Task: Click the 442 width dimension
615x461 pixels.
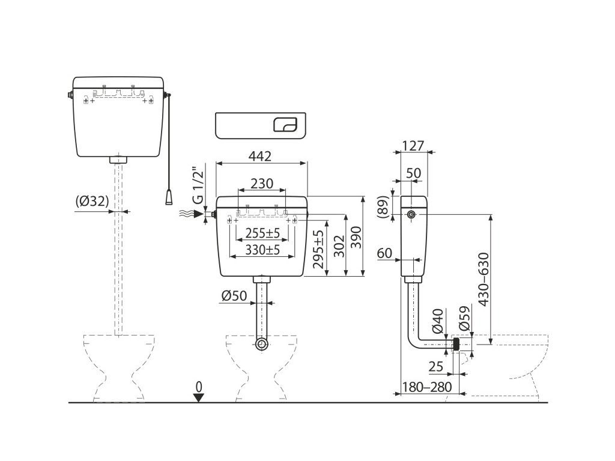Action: (259, 156)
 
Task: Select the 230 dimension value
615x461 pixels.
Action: (262, 184)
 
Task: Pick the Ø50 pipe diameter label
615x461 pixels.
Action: (234, 296)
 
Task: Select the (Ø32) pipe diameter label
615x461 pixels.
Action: (92, 203)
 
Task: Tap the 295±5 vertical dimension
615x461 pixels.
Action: (319, 250)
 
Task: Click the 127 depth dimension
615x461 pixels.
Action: (413, 146)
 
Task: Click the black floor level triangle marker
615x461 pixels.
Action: (199, 397)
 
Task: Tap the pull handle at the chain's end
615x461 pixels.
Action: (171, 196)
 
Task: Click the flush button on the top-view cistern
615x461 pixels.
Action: (285, 124)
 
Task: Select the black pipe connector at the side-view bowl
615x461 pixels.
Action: (456, 345)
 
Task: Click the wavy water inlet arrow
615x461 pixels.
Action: (190, 214)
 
